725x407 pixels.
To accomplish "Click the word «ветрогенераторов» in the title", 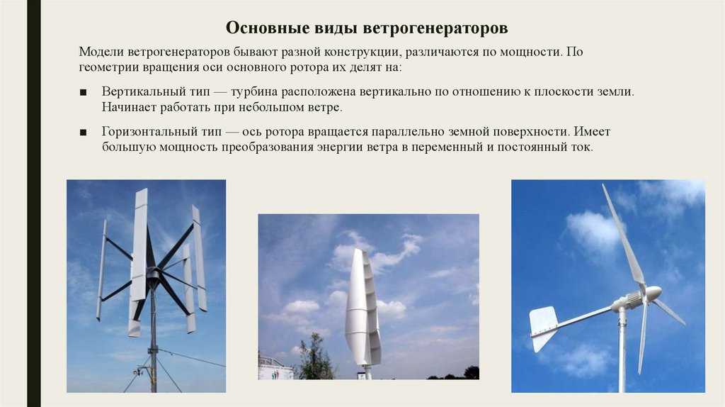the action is (x=435, y=28).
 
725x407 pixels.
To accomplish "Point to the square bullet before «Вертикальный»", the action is (x=84, y=93).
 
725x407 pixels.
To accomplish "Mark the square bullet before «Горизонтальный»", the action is (x=84, y=133).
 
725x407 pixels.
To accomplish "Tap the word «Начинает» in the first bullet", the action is (x=129, y=107).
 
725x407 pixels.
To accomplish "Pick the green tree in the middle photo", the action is (x=314, y=357).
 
